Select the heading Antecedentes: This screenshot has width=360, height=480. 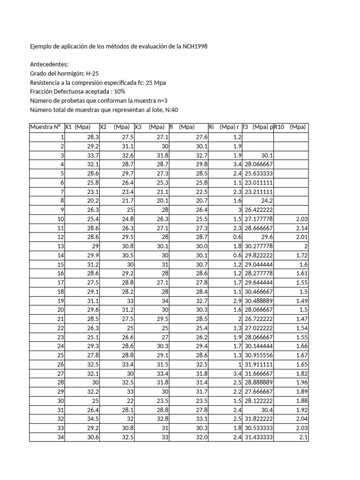[x=49, y=65]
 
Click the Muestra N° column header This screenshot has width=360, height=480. [x=45, y=127]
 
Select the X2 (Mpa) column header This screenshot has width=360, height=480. [x=115, y=127]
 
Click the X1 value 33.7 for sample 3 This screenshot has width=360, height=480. [x=93, y=155]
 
